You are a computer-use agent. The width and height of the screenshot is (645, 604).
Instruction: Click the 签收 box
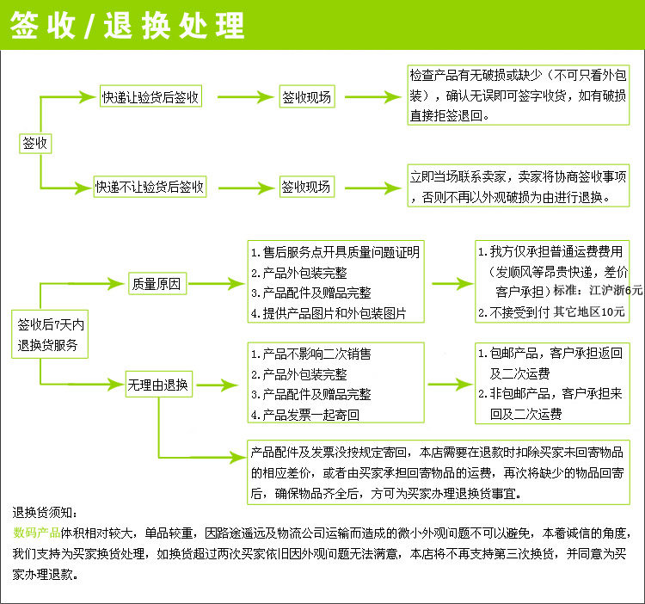tap(35, 143)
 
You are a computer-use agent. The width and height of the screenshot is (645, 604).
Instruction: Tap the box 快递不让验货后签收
tap(150, 186)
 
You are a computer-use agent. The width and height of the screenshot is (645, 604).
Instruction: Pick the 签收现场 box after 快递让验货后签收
tap(307, 97)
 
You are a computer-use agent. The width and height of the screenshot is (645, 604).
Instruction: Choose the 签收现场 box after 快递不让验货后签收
tap(307, 186)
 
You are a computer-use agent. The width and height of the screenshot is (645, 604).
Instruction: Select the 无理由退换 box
tap(158, 384)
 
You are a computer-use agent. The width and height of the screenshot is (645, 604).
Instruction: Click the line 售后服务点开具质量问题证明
tap(336, 253)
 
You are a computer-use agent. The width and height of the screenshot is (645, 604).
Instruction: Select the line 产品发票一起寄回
tap(305, 415)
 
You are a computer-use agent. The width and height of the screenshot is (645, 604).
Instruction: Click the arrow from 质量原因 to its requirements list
tap(218, 283)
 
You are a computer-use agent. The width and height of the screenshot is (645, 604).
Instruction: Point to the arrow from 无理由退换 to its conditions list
tap(218, 384)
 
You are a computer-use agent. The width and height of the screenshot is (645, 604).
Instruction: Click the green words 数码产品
tap(36, 533)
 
